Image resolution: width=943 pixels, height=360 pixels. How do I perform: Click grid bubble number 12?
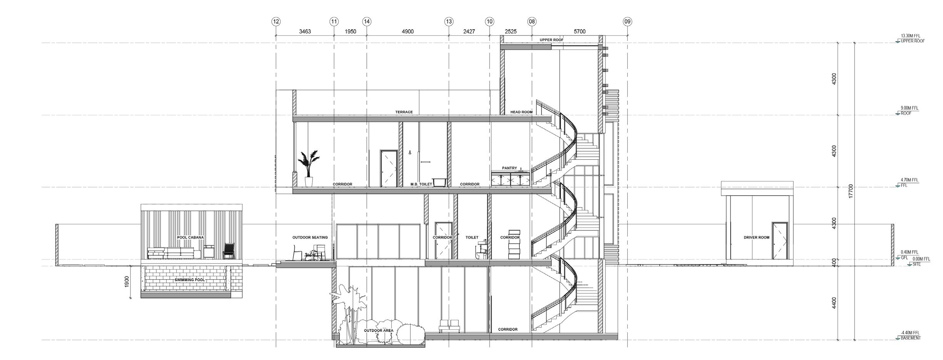point(276,22)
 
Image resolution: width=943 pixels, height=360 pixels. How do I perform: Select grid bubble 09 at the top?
point(627,22)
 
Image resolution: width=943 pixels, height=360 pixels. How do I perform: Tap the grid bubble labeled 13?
point(449,22)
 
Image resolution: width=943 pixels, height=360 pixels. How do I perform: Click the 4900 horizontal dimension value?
point(408,32)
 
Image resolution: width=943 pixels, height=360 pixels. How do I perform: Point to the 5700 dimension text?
point(580,32)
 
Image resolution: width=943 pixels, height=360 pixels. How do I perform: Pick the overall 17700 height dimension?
point(851,191)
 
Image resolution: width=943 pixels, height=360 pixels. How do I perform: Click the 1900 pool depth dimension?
point(127,281)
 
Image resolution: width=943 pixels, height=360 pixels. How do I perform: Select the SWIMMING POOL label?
point(190,280)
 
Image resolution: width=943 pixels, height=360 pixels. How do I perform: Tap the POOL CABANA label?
point(190,238)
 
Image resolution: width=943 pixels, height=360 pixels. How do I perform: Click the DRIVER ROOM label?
point(756,238)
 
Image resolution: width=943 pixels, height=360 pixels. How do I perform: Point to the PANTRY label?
point(509,168)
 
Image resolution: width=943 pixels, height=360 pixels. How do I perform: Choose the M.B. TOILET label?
point(421,184)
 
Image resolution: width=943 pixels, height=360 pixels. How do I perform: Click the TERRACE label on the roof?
point(404,112)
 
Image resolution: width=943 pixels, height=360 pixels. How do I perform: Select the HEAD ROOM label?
point(521,112)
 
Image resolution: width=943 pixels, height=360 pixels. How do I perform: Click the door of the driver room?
point(779,241)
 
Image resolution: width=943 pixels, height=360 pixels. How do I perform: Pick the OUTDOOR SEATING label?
point(310,238)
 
